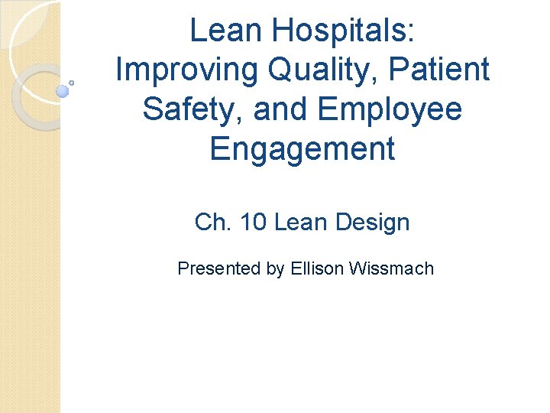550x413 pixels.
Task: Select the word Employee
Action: [x=390, y=109]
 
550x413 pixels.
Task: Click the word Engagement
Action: [x=302, y=148]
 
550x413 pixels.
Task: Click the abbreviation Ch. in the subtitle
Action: [x=213, y=223]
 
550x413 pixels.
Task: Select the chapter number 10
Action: [x=253, y=223]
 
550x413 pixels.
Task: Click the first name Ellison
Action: [x=316, y=268]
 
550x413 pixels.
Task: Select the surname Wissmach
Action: [x=391, y=268]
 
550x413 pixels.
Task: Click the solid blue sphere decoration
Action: [x=63, y=91]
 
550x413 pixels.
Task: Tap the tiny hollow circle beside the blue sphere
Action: [x=72, y=82]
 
